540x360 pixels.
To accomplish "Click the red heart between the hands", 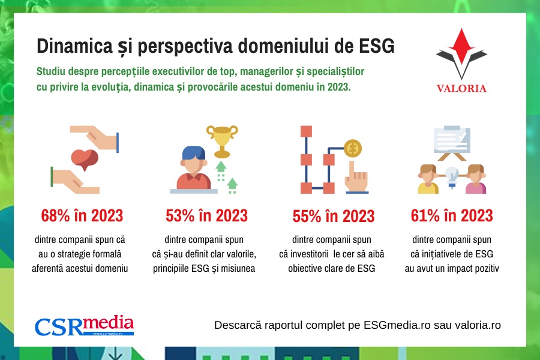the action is (x=85, y=160).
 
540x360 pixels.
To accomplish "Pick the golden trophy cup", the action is (x=222, y=141).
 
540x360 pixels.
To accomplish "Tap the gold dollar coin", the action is (x=353, y=148).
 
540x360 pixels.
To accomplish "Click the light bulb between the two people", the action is (x=452, y=177).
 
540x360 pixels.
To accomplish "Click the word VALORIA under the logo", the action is (x=461, y=89).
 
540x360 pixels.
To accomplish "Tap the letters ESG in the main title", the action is (x=377, y=46).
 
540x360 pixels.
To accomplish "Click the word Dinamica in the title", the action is (x=75, y=46).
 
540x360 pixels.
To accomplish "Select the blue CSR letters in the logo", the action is (x=59, y=326).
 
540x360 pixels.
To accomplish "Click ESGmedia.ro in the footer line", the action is (x=397, y=325).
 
